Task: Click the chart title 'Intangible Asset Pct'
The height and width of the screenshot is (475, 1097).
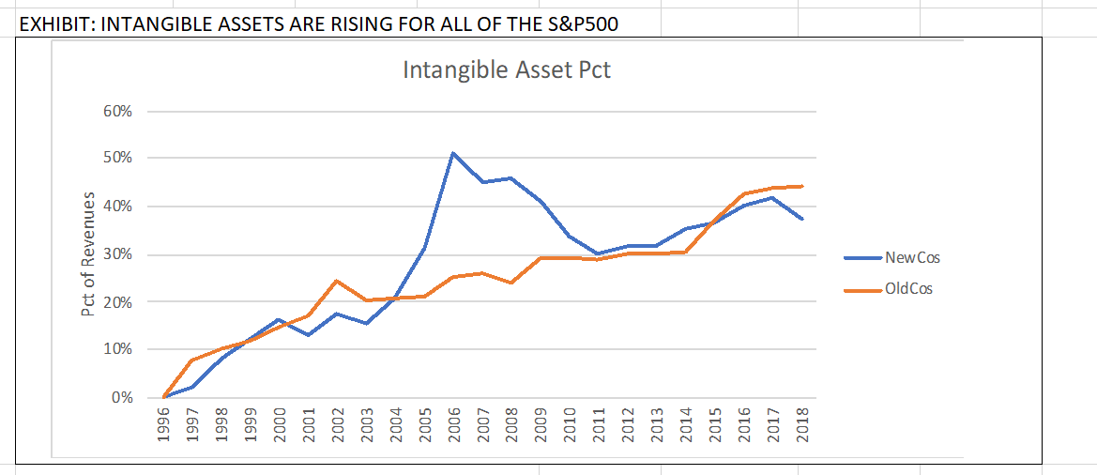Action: click(507, 70)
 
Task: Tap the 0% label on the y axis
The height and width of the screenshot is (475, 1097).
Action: click(121, 398)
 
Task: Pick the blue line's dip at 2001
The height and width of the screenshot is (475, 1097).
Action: click(309, 335)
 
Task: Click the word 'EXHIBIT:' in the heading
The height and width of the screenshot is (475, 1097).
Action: click(55, 23)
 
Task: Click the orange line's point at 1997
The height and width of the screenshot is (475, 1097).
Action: click(192, 360)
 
